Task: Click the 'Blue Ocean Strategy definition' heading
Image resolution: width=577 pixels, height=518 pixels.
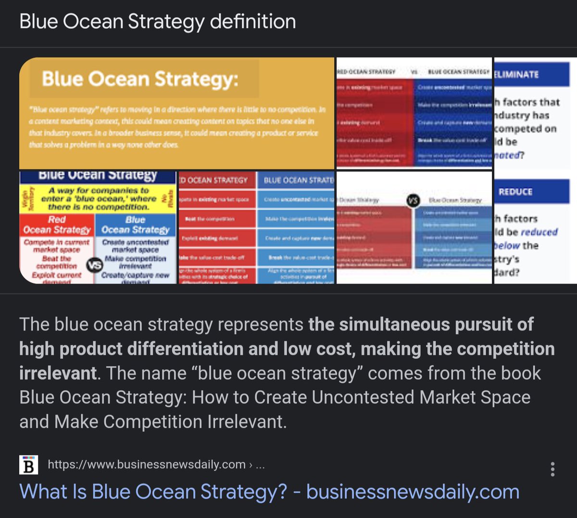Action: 158,22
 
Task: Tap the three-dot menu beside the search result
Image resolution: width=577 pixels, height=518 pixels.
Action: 552,469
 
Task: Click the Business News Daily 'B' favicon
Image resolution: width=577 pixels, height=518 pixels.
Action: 28,465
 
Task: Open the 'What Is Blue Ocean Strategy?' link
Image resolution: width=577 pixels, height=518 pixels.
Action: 269,492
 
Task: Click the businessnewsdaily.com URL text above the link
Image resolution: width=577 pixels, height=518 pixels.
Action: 147,465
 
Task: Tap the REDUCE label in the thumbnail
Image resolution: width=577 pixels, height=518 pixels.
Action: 515,192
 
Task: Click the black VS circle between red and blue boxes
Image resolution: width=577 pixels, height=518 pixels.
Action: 94,265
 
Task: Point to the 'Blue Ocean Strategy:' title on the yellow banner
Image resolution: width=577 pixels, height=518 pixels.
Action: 139,79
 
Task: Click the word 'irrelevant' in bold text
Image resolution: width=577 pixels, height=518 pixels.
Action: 58,373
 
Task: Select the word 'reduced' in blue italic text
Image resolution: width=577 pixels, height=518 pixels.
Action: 539,232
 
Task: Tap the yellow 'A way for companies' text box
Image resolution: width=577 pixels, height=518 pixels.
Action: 99,198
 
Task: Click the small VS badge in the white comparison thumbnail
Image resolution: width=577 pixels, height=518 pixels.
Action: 413,200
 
